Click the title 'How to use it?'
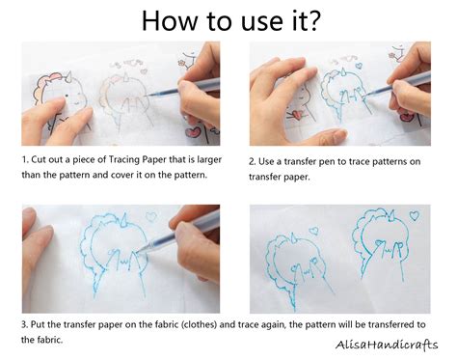pyautogui.click(x=228, y=20)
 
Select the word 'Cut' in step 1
pyautogui.click(x=41, y=156)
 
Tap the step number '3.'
pyautogui.click(x=26, y=324)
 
